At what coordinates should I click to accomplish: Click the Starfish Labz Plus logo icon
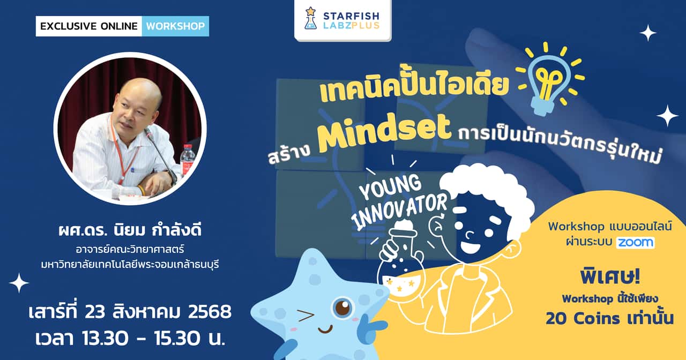(310, 18)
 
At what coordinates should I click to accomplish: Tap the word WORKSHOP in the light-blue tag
(175, 26)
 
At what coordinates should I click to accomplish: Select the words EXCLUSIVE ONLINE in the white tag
(89, 26)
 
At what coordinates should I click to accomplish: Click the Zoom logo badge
(635, 243)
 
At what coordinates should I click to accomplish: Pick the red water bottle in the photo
(188, 160)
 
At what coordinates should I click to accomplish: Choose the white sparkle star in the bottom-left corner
(19, 283)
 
